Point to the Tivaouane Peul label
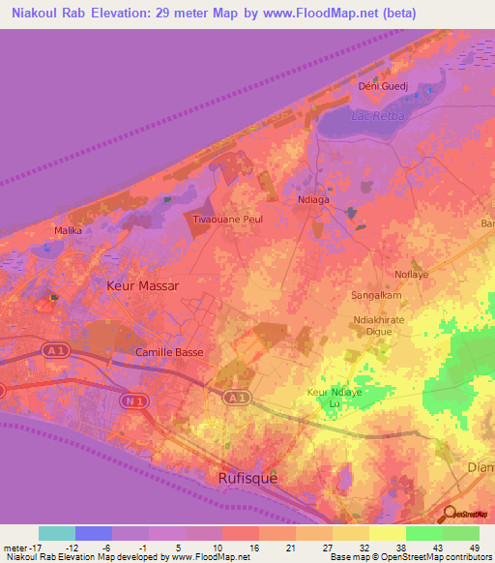[x=229, y=220]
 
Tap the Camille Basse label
[x=169, y=352]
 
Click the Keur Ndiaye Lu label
[x=333, y=396]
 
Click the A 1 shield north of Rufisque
[x=235, y=397]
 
